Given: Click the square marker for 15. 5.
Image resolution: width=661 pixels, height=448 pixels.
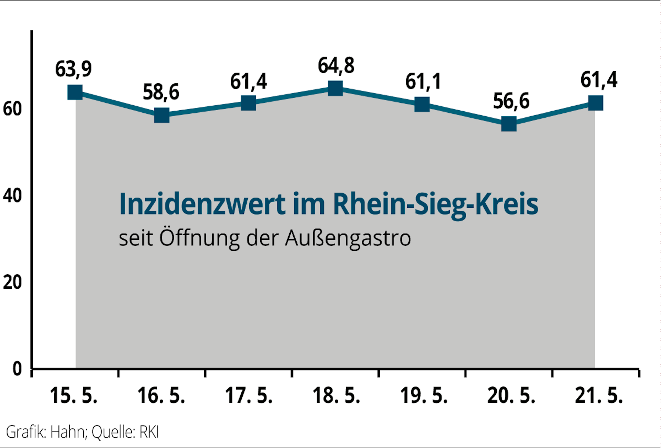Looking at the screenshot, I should tap(75, 92).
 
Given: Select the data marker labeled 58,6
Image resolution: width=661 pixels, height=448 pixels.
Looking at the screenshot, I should tap(162, 115).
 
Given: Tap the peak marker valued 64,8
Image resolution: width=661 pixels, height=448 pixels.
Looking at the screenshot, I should tap(335, 89).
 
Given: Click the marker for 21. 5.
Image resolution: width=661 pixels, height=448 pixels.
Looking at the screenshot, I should tap(596, 103).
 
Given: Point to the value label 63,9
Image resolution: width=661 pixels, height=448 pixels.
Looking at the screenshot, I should tap(73, 69).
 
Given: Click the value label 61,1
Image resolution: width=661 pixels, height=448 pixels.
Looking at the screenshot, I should tap(423, 82).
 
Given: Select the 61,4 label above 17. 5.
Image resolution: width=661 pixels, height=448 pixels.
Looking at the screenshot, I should tap(248, 82).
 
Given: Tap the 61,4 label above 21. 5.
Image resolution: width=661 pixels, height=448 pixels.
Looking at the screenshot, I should tap(599, 80).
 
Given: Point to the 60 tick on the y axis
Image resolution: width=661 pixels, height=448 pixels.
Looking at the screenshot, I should tap(12, 109).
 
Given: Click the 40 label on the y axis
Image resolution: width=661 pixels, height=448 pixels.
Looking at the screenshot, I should tap(12, 196).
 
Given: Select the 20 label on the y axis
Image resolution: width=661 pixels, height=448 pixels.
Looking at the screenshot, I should tap(12, 282).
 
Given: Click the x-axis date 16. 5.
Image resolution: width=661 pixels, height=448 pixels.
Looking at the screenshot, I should tap(161, 395).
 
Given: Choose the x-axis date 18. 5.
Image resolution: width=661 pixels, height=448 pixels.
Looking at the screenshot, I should tap(336, 395).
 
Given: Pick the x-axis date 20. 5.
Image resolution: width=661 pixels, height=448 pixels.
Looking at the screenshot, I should tap(511, 395).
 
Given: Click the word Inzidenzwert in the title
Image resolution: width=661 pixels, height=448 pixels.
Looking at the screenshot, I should tap(202, 204).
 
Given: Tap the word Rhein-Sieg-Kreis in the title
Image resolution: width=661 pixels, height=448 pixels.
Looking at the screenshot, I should tap(435, 204).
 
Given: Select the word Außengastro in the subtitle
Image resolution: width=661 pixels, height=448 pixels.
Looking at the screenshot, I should tap(348, 238).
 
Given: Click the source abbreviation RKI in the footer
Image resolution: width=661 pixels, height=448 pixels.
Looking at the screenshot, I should tap(149, 432).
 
